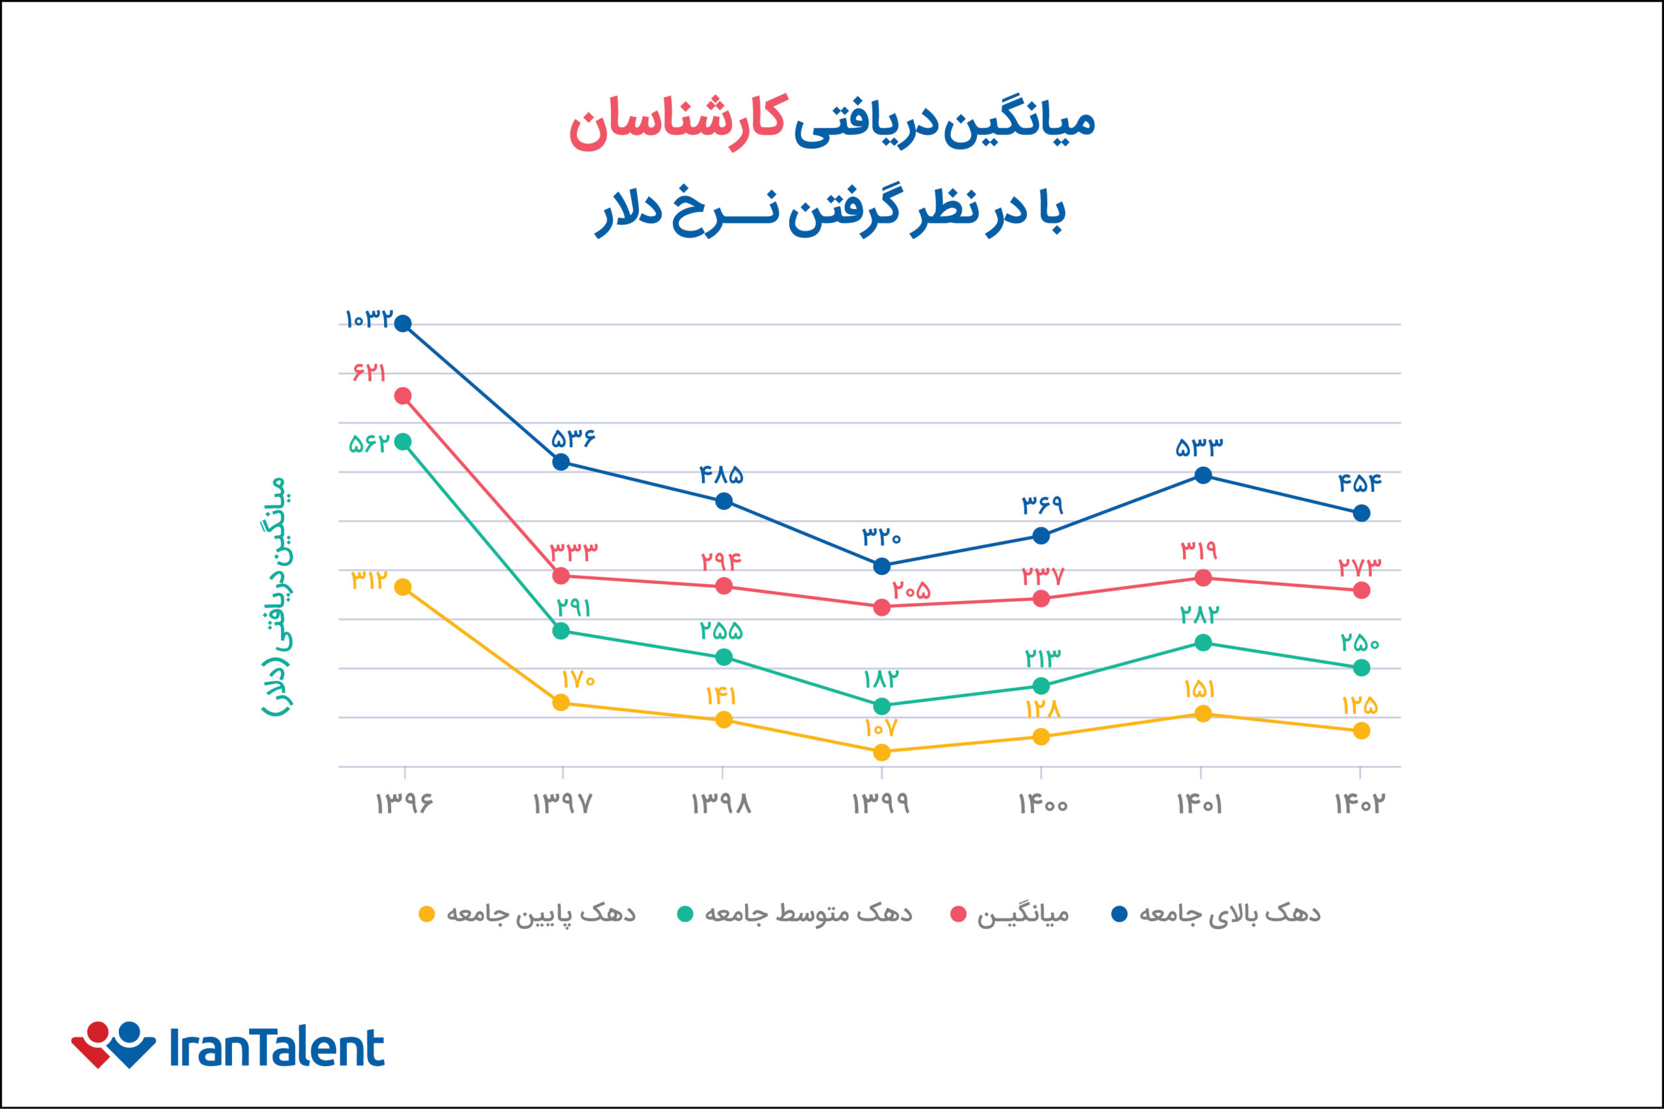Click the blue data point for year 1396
402,324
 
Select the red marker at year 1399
881,607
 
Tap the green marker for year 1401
1202,642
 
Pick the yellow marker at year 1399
881,752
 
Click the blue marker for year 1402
1361,513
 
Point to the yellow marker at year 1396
402,587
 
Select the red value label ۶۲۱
369,372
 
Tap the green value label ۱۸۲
881,680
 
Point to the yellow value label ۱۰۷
881,728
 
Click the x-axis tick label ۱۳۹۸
721,804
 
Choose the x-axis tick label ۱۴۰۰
1043,804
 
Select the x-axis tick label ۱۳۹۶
403,804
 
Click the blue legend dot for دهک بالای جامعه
1119,914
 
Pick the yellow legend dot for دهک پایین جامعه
426,914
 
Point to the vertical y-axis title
276,596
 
